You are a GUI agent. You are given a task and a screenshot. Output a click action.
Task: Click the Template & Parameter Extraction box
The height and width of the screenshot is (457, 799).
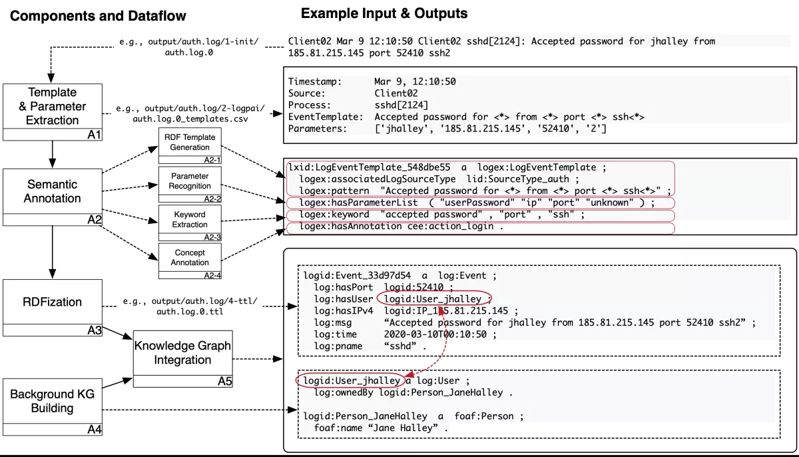(52, 106)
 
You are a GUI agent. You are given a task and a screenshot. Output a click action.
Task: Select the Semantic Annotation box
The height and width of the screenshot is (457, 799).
(52, 191)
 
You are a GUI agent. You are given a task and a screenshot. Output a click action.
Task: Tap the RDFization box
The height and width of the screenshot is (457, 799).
(52, 302)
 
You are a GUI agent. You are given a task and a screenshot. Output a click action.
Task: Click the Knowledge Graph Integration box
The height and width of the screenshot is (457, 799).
(182, 353)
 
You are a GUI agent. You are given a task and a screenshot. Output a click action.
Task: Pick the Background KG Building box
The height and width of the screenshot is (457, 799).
(52, 400)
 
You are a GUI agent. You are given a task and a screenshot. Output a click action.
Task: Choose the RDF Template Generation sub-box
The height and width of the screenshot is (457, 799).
(190, 143)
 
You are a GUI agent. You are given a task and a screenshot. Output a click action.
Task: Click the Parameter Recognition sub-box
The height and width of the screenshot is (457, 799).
(190, 181)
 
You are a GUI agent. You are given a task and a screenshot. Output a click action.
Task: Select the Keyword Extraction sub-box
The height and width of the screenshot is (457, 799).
(190, 219)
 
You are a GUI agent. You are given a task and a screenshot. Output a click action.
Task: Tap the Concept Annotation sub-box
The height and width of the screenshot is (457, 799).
(190, 257)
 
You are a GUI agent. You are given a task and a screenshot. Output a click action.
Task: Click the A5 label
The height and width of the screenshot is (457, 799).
(224, 382)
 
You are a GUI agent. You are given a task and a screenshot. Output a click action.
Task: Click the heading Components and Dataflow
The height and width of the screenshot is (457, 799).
(98, 16)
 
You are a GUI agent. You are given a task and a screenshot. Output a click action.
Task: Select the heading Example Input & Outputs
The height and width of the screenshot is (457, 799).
(384, 13)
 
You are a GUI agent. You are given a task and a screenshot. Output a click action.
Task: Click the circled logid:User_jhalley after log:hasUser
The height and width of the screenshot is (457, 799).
(433, 299)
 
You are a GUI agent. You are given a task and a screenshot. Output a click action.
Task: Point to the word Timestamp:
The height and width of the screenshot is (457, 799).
(315, 82)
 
